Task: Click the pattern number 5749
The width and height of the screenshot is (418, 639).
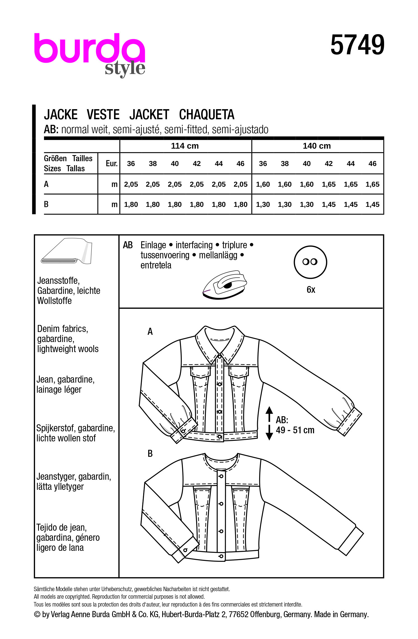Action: coord(357,45)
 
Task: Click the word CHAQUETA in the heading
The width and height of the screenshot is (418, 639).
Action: coord(206,115)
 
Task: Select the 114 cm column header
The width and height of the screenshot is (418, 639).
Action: coord(185,146)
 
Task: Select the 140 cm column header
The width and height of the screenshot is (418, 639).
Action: coord(317,146)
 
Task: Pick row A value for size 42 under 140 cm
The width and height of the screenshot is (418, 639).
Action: coord(329,184)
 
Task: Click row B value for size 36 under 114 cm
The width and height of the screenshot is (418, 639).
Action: coord(131,205)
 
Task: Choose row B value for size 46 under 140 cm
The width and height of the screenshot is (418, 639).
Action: coord(372,205)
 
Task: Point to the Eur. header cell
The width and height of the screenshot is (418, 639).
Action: coord(112,163)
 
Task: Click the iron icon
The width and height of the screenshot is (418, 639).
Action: coord(225,285)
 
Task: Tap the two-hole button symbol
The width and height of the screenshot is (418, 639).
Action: coord(310,262)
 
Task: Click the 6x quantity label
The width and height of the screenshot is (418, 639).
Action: coord(311,290)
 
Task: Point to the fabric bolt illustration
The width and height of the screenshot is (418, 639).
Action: coord(67,251)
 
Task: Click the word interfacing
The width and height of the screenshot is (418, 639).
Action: coord(194,245)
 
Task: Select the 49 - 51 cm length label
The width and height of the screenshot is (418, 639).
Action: coord(295,430)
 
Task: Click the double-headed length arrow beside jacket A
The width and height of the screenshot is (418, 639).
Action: coord(269,423)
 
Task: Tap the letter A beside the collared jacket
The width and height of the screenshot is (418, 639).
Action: coord(150,332)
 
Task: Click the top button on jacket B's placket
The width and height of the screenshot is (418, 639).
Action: coord(221,476)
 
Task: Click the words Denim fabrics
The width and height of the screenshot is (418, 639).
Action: coord(62,329)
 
